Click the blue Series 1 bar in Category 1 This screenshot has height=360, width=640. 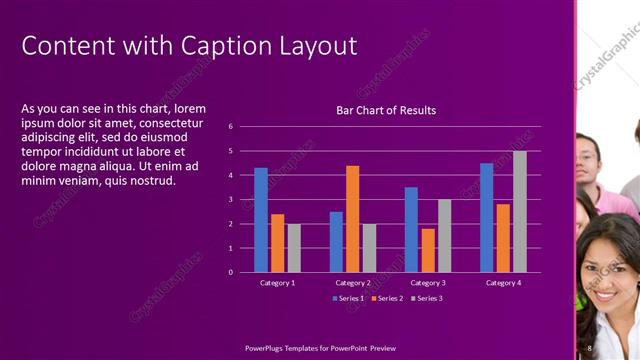pos(261,220)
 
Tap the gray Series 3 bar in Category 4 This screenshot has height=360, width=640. pos(520,211)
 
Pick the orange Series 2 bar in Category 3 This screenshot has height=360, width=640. pos(428,250)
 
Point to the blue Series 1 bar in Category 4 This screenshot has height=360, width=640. pos(486,217)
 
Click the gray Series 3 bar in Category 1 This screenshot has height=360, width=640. pos(294,248)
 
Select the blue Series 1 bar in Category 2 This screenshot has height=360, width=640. pos(336,241)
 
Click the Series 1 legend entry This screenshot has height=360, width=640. pos(347,298)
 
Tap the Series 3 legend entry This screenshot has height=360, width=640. pos(426,298)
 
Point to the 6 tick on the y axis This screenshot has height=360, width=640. pos(231,127)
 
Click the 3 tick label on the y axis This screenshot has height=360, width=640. pos(231,199)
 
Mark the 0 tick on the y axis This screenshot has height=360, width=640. pos(231,272)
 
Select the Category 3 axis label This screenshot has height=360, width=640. pos(428,283)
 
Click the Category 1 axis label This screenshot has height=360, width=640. pos(277,283)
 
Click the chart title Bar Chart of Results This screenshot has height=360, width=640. pos(386,110)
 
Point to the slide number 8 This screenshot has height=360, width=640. pos(590,347)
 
